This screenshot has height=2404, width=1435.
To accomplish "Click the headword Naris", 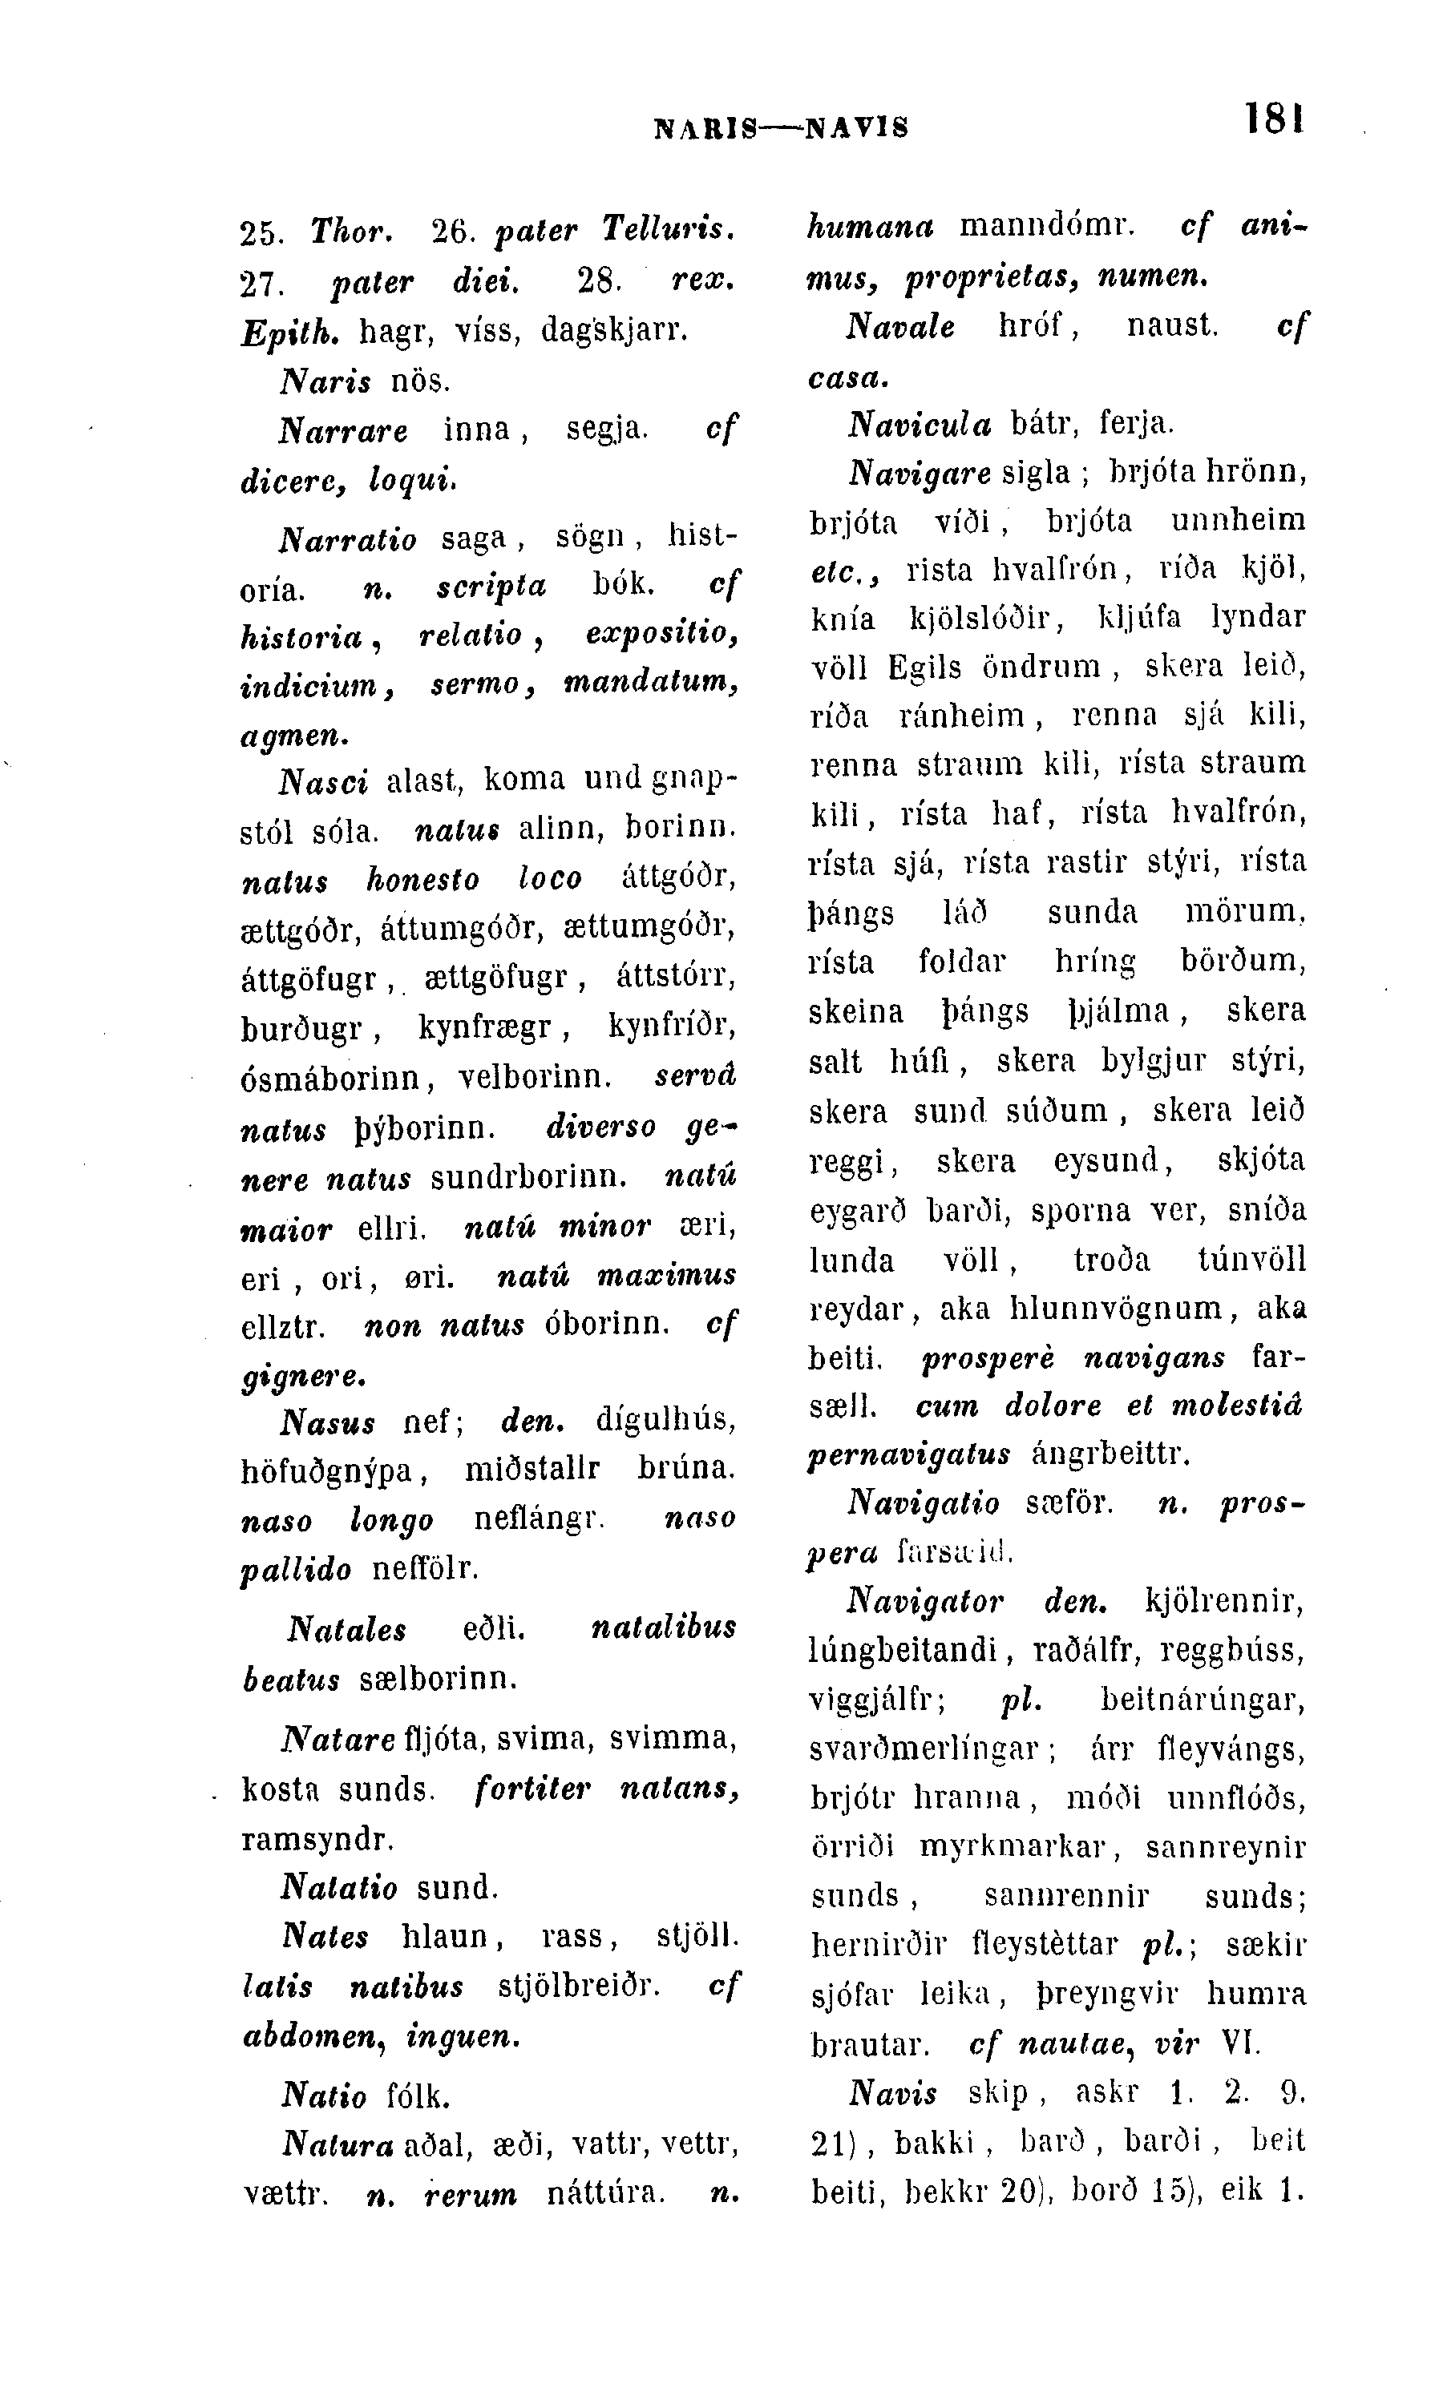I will point(325,381).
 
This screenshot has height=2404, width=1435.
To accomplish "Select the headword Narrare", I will point(343,431).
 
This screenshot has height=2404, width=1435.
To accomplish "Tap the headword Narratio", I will point(348,539).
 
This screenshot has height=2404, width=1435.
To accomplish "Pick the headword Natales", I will point(347,1631).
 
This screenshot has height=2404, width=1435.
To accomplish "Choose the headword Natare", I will point(338,1739).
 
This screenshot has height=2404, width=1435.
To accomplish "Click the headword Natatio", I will point(338,1887).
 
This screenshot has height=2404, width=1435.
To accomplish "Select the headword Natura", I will point(338,2146).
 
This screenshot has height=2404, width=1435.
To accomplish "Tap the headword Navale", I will point(900,327).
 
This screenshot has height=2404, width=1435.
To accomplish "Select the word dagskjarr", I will point(614,331).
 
